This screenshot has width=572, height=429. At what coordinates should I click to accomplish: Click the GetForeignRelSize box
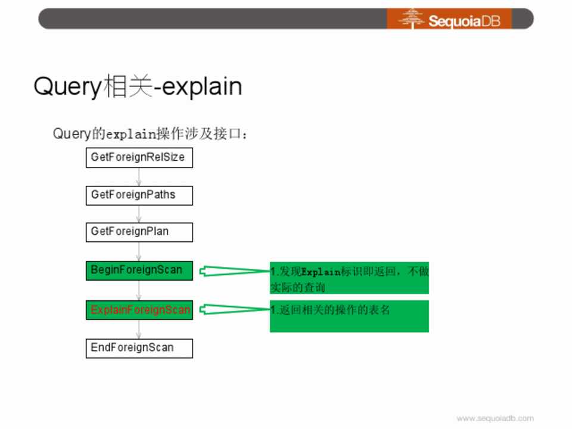click(139, 157)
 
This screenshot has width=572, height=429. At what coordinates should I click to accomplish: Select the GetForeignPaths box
click(139, 195)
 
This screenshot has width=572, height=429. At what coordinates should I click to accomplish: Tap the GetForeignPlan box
click(139, 232)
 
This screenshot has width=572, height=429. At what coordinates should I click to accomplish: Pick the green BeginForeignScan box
click(139, 271)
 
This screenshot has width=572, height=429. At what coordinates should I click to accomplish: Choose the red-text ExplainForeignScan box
click(139, 310)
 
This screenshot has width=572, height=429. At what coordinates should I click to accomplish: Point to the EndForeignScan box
click(139, 349)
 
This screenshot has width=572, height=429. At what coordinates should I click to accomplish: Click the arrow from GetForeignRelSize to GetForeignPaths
click(139, 178)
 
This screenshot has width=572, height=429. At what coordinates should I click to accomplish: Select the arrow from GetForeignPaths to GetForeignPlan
click(139, 214)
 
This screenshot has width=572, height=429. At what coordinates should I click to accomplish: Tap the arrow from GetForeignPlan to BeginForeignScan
click(139, 251)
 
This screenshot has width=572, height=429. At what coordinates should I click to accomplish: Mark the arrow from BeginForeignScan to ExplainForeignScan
click(139, 290)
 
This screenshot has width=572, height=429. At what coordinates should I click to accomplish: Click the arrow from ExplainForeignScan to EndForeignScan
click(139, 329)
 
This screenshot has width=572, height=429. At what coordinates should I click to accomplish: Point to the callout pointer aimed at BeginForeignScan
click(235, 271)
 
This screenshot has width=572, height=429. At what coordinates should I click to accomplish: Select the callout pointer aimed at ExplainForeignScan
click(235, 309)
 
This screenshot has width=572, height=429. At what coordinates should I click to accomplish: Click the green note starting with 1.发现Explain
click(350, 278)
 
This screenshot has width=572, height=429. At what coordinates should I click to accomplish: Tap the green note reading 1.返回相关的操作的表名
click(350, 316)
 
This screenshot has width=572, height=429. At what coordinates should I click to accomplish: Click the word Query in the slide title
click(67, 87)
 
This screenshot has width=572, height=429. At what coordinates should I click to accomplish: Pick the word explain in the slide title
click(202, 87)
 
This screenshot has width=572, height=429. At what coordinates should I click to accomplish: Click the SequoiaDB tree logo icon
click(412, 18)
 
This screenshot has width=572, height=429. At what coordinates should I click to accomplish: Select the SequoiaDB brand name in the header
click(464, 21)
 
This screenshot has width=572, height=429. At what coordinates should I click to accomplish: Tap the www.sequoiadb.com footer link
click(495, 418)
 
